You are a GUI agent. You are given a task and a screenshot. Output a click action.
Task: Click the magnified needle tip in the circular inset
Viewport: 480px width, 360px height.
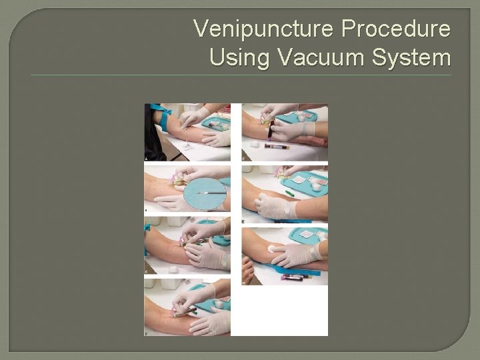(203, 193)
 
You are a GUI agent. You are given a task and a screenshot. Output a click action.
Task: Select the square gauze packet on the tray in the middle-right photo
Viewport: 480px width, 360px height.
(298, 179)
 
